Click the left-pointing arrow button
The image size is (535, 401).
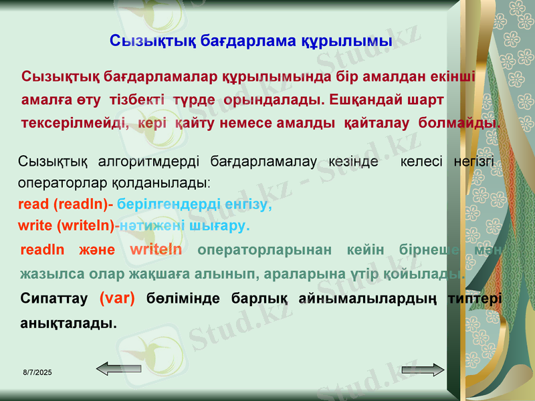[118, 368]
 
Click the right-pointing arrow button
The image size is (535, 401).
[423, 370]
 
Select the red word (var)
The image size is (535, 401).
[117, 299]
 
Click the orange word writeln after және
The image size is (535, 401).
[156, 250]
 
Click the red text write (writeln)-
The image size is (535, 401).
[69, 226]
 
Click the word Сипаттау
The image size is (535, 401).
[55, 299]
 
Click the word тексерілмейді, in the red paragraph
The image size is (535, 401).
[76, 124]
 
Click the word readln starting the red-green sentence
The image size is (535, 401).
[43, 250]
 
